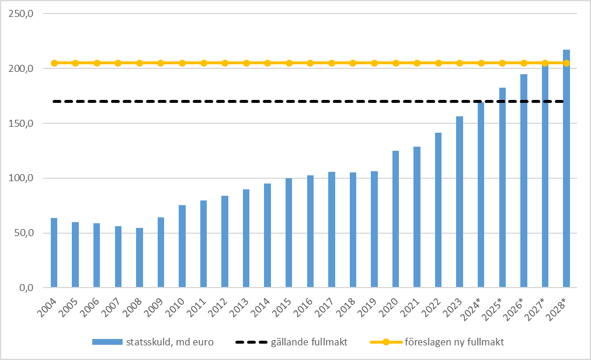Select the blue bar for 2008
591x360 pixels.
pyautogui.click(x=140, y=258)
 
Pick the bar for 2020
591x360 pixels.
pyautogui.click(x=395, y=219)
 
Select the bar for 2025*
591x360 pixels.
pyautogui.click(x=502, y=188)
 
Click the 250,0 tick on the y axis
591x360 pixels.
pyautogui.click(x=24, y=13)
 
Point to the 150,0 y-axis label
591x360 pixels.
pyautogui.click(x=24, y=123)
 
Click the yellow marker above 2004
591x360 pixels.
pyautogui.click(x=54, y=63)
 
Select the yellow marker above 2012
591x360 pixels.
pyautogui.click(x=225, y=63)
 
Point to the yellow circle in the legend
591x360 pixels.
pyautogui.click(x=386, y=341)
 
